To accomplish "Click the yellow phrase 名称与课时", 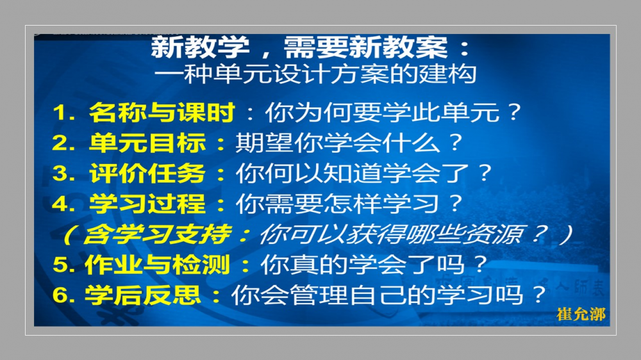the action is (162, 112).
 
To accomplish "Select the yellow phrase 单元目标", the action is (147, 143).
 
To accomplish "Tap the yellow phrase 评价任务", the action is (147, 173).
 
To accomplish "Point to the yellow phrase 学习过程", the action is (147, 203).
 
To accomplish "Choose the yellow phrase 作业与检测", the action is (158, 265).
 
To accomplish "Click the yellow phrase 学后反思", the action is (143, 295).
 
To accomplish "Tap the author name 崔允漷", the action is (581, 315).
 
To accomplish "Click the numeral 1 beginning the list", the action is (60, 112).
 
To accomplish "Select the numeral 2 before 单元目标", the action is (60, 143).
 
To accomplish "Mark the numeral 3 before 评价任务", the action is (60, 173).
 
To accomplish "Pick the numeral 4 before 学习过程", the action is (60, 204).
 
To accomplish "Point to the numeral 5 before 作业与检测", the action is (60, 265).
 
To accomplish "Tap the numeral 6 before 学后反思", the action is (60, 295).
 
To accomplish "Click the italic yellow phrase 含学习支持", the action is (156, 234).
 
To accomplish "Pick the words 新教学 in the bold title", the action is (200, 47).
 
